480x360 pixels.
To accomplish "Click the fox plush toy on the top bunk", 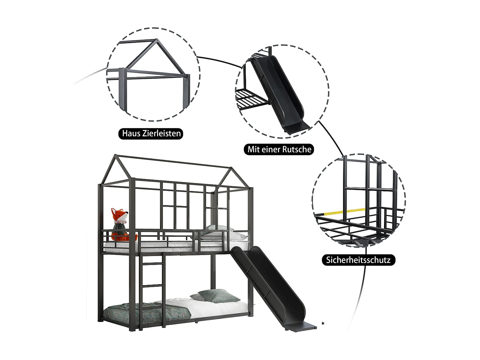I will pos(119,226).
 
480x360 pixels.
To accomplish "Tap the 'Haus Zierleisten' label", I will pos(151,133).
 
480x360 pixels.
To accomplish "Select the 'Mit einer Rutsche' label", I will pos(279,149).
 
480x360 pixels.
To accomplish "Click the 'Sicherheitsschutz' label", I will pos(358,260).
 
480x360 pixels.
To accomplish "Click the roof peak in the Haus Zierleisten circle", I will pos(156,40).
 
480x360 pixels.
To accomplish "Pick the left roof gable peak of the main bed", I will pos(116,156).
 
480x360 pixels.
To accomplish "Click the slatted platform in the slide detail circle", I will pos(251,99).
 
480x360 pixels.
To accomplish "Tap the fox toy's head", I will pos(119,215).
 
